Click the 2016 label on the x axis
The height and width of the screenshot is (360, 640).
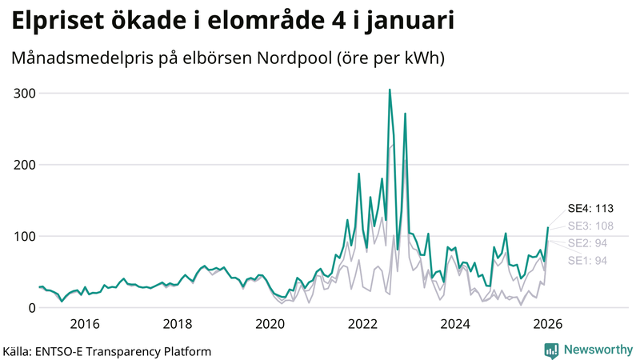click(x=84, y=324)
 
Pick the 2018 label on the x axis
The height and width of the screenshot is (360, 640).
click(x=177, y=324)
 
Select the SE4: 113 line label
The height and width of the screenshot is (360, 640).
click(x=590, y=209)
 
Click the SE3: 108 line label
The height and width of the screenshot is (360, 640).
click(x=590, y=226)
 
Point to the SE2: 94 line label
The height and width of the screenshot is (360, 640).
click(x=588, y=243)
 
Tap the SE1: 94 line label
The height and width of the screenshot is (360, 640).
click(x=588, y=260)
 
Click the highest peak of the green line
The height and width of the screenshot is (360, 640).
click(x=390, y=90)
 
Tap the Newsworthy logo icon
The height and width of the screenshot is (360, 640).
click(x=551, y=350)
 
